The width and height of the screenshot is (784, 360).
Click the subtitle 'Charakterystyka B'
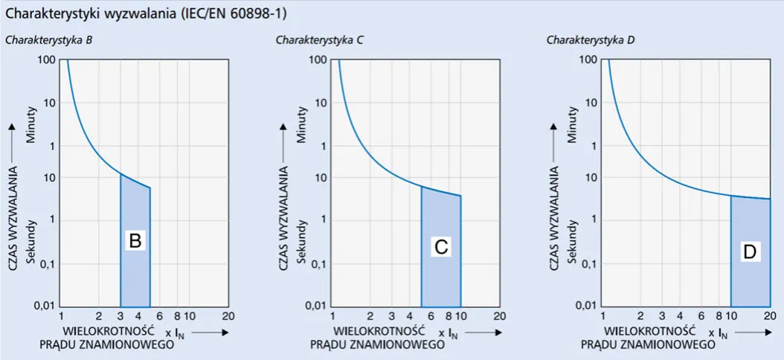[48, 40]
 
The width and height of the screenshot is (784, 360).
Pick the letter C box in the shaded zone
[440, 248]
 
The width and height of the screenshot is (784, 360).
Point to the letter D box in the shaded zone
[749, 252]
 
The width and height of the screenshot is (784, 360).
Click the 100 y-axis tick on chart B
[50, 60]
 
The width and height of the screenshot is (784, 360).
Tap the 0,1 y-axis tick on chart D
[588, 263]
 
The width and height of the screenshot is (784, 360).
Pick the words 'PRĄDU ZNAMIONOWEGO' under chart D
[648, 344]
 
